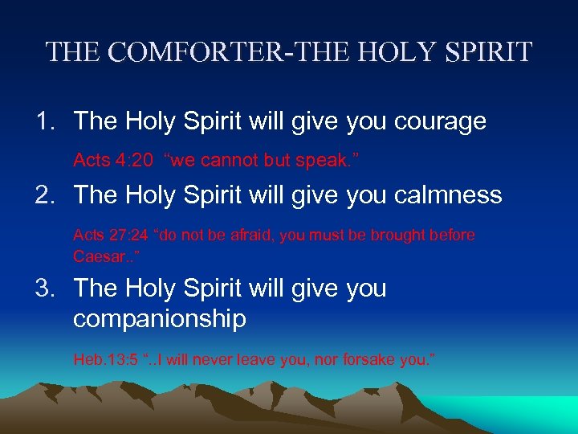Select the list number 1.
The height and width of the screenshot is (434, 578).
coord(43,121)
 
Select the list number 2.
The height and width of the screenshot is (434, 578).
coord(43,195)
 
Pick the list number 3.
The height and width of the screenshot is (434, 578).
coord(43,288)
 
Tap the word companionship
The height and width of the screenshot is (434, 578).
coord(159,318)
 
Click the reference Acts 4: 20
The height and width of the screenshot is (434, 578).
coord(112,161)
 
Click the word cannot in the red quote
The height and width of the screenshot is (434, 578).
coord(227,161)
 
